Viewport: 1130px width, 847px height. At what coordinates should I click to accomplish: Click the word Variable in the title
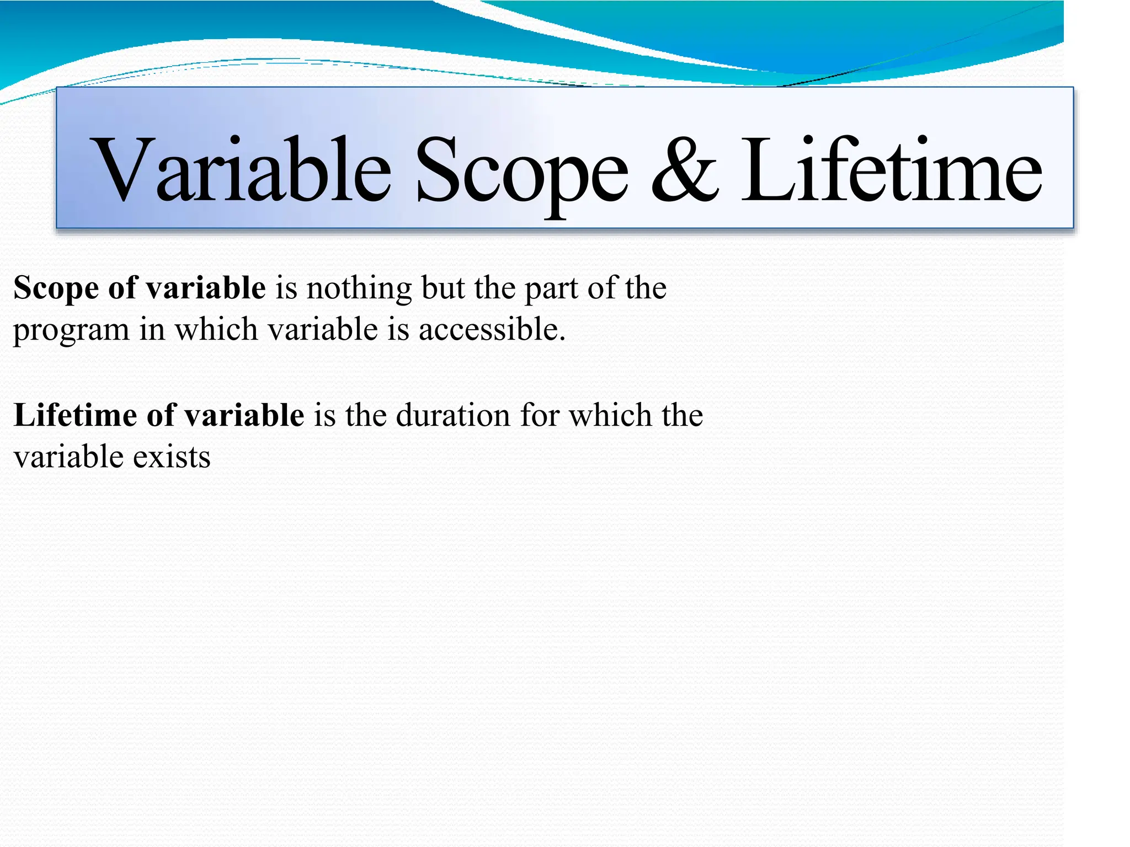243,170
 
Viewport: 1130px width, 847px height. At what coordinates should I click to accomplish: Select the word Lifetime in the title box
891,170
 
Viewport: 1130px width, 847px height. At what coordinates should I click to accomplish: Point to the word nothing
359,288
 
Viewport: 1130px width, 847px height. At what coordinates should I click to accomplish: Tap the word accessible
492,330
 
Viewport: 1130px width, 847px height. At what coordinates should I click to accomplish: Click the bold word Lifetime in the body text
75,415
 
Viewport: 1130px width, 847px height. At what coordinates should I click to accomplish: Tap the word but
443,288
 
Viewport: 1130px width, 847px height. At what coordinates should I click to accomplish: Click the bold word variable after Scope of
206,288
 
